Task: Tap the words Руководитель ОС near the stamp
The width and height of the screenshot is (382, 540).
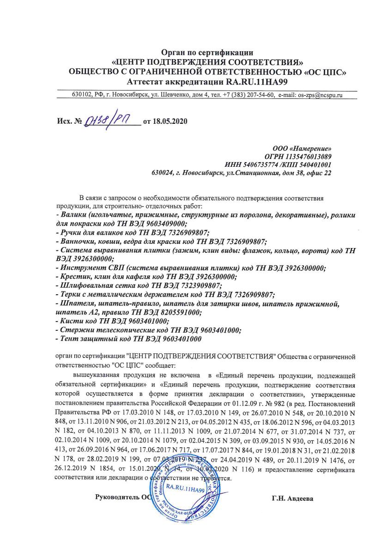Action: pyautogui.click(x=123, y=498)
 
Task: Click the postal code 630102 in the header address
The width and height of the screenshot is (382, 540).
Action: pyautogui.click(x=81, y=95)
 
